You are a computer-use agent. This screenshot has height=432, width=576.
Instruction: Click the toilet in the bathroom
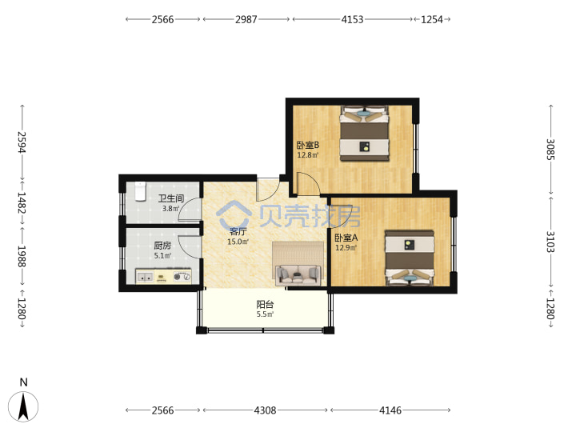click(140, 191)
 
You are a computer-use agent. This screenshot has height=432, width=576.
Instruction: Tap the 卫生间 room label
click(171, 198)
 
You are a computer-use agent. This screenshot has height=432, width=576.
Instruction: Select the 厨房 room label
click(162, 246)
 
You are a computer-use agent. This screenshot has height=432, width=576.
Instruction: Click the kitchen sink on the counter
click(145, 277)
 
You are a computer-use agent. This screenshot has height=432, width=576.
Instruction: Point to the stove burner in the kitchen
click(182, 277)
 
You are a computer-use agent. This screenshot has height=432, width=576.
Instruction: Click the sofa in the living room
click(298, 274)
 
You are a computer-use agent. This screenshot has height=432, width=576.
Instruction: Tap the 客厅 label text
click(238, 231)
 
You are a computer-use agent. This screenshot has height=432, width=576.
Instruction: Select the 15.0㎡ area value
click(238, 242)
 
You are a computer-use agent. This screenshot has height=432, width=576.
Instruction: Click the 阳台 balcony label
click(265, 305)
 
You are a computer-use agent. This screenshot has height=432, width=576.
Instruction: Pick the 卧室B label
click(308, 145)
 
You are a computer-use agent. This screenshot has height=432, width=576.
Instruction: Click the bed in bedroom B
click(364, 134)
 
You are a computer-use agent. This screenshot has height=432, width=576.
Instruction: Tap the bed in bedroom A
click(410, 258)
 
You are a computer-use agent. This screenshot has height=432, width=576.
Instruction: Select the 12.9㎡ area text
click(346, 248)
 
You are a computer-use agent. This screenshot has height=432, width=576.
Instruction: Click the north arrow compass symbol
click(23, 406)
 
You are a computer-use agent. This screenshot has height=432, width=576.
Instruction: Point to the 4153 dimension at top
click(352, 19)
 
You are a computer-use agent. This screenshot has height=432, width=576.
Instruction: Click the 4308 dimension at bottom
click(265, 410)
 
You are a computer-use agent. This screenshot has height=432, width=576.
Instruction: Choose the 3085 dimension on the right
click(550, 149)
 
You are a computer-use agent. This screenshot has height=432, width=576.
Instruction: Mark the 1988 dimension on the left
click(22, 257)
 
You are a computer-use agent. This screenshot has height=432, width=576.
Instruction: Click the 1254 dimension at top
click(432, 19)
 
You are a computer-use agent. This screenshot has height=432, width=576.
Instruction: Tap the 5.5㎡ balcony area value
click(265, 314)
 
